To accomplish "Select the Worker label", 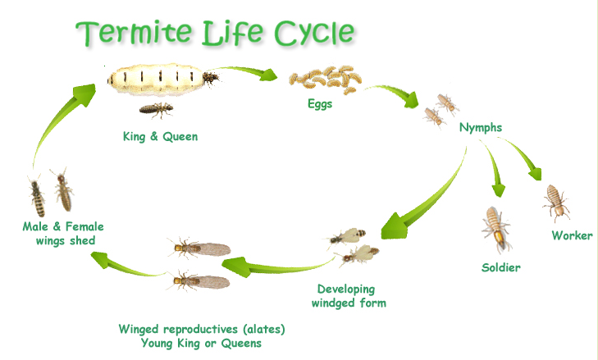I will coord(571,236).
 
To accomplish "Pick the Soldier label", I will coord(500,267).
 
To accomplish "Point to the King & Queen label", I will coord(160,136).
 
